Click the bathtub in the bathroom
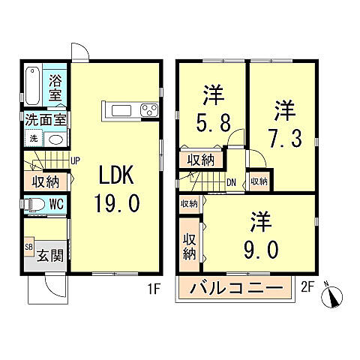click(x=33, y=88)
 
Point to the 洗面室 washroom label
click(x=46, y=118)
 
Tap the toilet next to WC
click(x=34, y=204)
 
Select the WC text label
click(x=56, y=204)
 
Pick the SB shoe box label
click(x=29, y=247)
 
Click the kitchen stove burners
click(x=148, y=111)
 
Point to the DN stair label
click(x=232, y=181)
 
